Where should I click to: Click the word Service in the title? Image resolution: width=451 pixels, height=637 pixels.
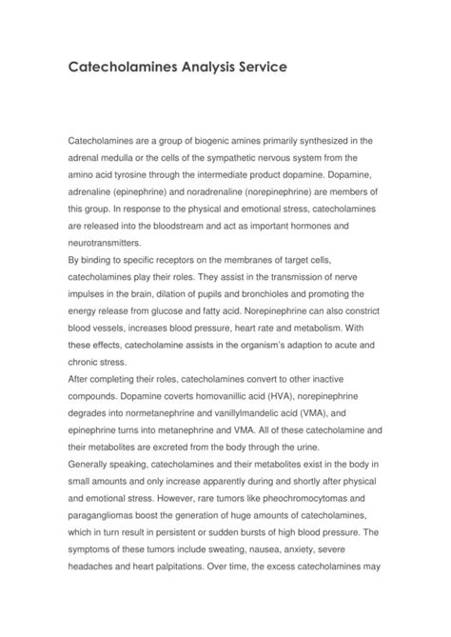(x=249, y=70)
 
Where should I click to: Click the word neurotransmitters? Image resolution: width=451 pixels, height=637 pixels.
(x=106, y=245)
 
